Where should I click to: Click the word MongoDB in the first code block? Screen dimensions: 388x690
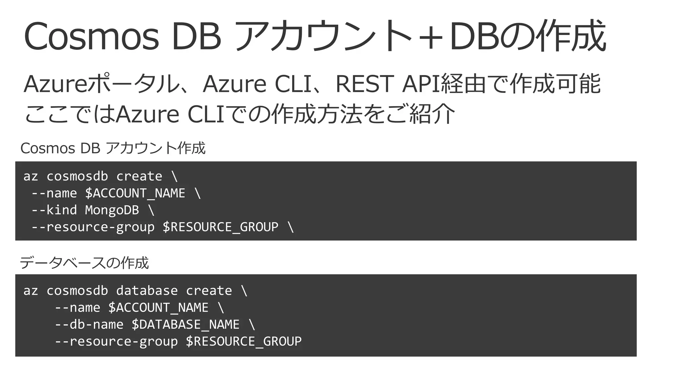click(112, 210)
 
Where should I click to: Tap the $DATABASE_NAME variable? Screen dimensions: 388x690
click(185, 324)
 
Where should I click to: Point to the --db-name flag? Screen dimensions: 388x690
click(89, 324)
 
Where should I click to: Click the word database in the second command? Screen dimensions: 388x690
click(147, 291)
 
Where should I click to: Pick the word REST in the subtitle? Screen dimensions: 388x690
click(364, 84)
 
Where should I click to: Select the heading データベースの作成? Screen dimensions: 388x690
click(84, 263)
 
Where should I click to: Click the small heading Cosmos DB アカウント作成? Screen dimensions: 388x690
click(113, 148)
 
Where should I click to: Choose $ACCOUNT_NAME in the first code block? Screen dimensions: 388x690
click(135, 193)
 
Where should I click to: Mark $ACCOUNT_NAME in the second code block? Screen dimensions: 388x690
click(158, 308)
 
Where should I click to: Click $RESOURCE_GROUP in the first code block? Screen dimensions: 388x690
click(220, 227)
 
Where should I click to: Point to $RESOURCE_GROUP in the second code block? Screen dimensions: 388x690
click(244, 341)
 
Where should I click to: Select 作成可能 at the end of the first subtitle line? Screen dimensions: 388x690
click(555, 84)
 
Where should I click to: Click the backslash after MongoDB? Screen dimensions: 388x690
click(151, 210)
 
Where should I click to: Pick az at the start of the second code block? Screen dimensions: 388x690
click(30, 291)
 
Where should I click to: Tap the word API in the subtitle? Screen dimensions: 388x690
click(421, 84)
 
